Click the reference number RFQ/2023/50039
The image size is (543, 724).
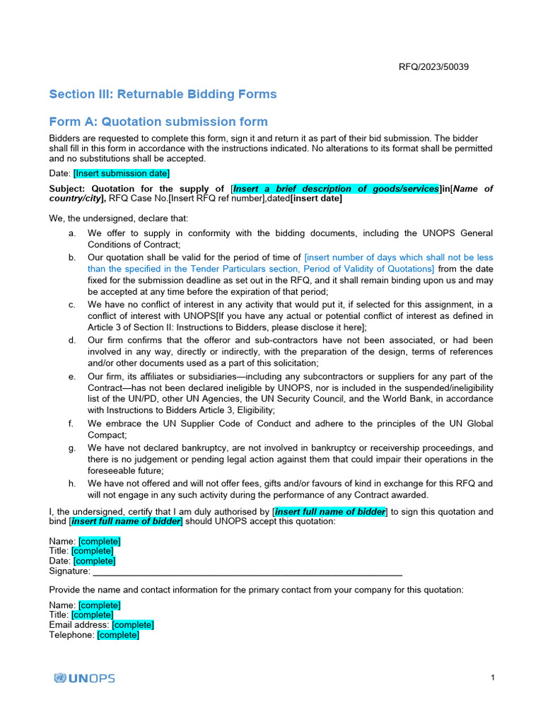click(x=433, y=67)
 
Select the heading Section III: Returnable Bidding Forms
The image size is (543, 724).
click(x=163, y=94)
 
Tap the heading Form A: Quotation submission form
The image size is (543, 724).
click(x=158, y=122)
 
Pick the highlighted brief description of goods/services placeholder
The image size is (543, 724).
click(x=336, y=188)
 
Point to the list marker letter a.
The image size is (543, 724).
click(x=71, y=233)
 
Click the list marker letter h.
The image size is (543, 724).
click(x=71, y=484)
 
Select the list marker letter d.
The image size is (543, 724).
click(x=71, y=340)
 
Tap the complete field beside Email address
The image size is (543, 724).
click(x=133, y=625)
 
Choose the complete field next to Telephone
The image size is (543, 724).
click(x=118, y=635)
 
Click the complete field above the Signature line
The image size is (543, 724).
click(x=94, y=561)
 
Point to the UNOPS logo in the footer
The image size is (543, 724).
click(x=84, y=678)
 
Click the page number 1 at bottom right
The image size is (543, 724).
click(x=492, y=678)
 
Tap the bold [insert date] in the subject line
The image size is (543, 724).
click(x=316, y=199)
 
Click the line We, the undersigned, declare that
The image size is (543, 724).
click(x=112, y=218)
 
